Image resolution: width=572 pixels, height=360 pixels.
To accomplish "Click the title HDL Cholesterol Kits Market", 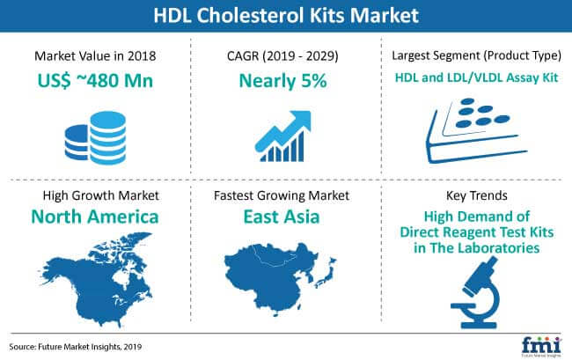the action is click(x=286, y=15).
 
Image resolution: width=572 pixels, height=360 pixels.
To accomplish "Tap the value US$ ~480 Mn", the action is click(x=95, y=81).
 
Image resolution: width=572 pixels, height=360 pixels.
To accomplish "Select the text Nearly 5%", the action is click(x=282, y=81).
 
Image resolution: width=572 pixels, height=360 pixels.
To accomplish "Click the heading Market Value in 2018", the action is click(x=95, y=55).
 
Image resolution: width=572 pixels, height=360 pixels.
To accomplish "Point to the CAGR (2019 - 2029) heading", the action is click(x=282, y=56).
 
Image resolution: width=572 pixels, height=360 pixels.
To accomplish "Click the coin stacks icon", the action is click(x=96, y=137).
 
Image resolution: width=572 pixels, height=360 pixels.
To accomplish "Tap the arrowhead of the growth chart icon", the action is click(x=301, y=120).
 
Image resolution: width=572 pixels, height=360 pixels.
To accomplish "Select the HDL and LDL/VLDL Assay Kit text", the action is click(x=476, y=77).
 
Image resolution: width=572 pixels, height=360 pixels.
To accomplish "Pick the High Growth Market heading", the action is click(x=100, y=195).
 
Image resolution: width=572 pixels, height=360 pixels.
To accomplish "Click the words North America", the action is click(x=95, y=217).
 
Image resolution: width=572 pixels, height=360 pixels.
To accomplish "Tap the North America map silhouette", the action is click(x=96, y=279).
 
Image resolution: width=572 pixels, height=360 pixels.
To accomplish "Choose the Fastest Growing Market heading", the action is click(x=282, y=195).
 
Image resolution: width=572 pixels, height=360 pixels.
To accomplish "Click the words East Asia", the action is click(x=282, y=217).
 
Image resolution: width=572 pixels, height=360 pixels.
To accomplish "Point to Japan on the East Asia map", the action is click(x=326, y=275).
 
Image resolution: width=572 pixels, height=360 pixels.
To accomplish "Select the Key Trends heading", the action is click(x=476, y=195).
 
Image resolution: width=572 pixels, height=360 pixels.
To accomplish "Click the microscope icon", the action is click(x=475, y=292).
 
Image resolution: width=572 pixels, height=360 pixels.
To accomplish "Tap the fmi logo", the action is click(x=541, y=346).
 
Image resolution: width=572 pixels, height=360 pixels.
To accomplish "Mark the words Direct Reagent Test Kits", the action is click(x=476, y=232).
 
